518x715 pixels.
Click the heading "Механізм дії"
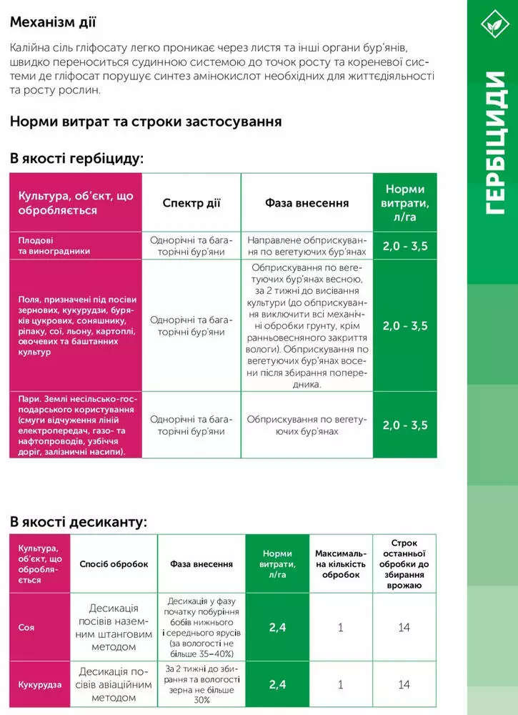[x=53, y=21]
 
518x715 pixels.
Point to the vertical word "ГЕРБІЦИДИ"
[x=492, y=143]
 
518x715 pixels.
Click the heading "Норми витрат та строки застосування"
[x=146, y=121]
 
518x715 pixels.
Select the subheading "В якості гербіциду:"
[x=76, y=158]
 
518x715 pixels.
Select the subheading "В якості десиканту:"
[x=79, y=522]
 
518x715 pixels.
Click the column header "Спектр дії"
[x=191, y=202]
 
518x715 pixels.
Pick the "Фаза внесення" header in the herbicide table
[x=307, y=202]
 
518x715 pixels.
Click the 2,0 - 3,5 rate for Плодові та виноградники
[x=405, y=246]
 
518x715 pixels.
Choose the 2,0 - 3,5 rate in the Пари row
[x=405, y=425]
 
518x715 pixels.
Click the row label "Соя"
[x=26, y=627]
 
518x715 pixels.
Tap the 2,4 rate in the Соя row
[x=277, y=627]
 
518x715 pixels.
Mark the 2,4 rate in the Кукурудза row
[x=277, y=684]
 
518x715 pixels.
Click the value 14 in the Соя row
[x=404, y=627]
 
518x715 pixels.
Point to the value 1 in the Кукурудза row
[x=341, y=684]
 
